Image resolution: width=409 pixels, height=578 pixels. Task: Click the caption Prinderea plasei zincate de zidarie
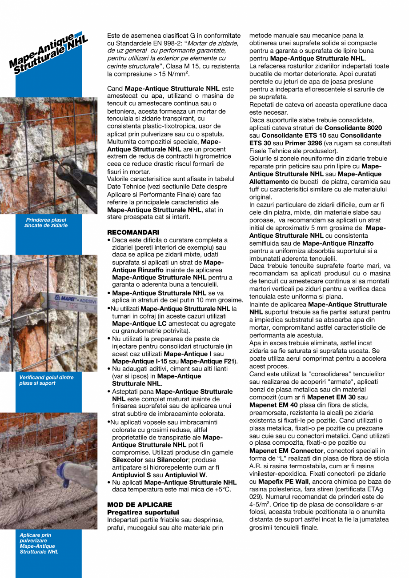point(46,223)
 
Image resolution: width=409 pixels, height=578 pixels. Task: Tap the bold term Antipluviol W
point(191,475)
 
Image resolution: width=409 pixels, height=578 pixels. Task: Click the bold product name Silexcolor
point(132,460)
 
